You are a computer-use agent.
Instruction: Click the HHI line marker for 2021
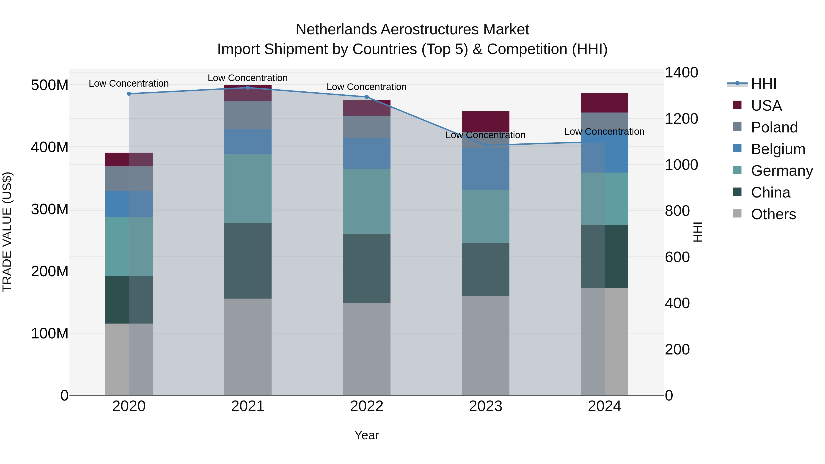[247, 88]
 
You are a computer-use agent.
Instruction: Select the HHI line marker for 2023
[486, 145]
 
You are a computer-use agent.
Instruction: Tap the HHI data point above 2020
[129, 94]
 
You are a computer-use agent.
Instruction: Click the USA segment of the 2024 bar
[604, 103]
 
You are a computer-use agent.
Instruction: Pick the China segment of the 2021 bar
[247, 261]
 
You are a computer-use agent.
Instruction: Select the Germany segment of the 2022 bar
[366, 201]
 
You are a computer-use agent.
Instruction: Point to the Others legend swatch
[737, 214]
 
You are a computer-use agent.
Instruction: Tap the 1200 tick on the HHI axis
[681, 119]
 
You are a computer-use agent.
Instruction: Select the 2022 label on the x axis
[366, 406]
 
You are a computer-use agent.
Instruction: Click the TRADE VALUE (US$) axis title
[7, 232]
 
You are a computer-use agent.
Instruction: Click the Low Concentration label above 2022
[366, 87]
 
